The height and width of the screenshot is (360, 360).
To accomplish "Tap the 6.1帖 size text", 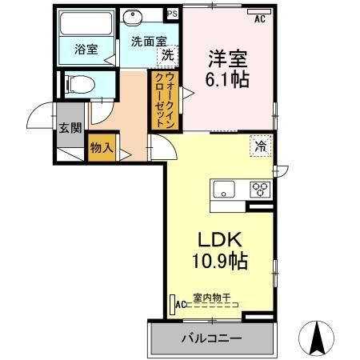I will point(227,79).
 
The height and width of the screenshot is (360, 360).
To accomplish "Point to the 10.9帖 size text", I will point(218,260).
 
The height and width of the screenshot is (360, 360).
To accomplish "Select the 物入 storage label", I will point(102,148).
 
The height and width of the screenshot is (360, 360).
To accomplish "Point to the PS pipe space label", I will point(170,14).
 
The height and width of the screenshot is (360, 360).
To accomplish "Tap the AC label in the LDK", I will point(181,304).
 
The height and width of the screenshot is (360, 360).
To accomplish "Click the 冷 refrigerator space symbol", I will point(261,146).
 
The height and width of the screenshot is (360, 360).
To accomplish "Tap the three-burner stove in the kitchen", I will point(261,190).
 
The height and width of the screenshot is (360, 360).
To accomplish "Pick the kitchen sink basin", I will point(223,190).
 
